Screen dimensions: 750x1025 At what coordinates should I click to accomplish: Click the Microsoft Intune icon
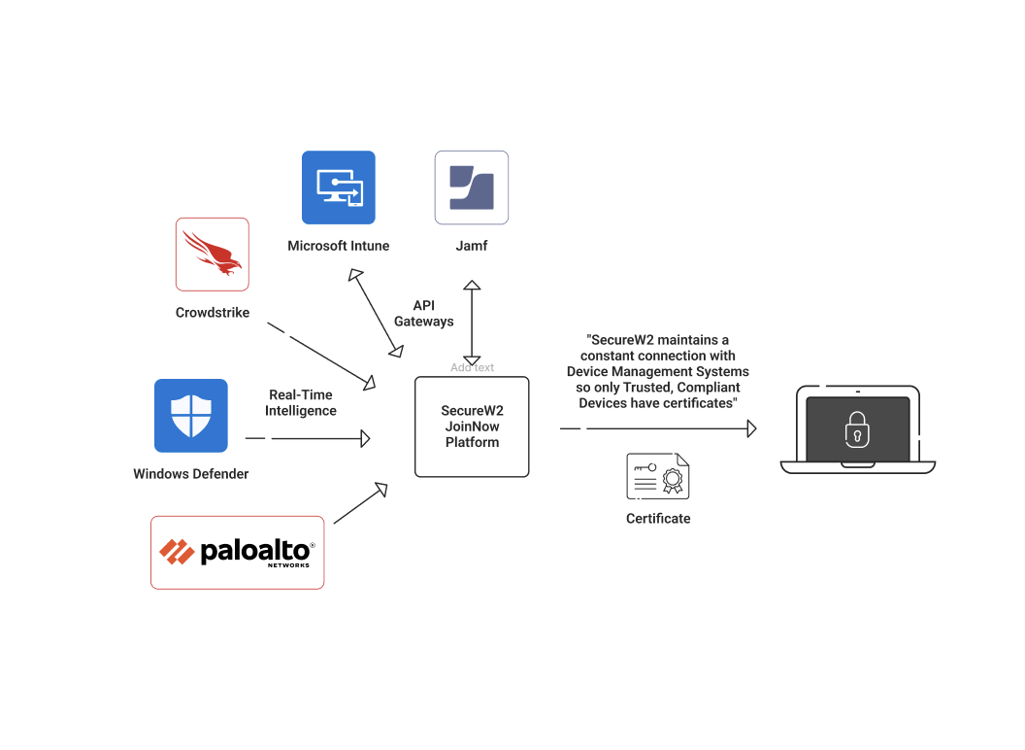point(338,187)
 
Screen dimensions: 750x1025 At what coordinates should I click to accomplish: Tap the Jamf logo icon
point(472,187)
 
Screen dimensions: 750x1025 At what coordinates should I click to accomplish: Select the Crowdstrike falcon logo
point(213,254)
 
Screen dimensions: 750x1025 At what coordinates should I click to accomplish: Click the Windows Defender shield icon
point(191,416)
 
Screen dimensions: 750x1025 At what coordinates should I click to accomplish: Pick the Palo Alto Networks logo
point(237,552)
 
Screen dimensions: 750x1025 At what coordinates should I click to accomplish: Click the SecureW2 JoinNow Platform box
point(472,426)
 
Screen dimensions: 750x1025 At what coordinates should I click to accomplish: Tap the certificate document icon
point(658,476)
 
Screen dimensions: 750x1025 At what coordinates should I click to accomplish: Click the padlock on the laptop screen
point(857,428)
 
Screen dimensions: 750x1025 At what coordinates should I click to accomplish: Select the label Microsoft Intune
point(338,246)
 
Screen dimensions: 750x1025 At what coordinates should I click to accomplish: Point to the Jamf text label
point(472,246)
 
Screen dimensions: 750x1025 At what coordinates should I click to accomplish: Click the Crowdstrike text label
point(213,313)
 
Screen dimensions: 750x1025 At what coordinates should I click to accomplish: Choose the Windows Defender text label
point(191,474)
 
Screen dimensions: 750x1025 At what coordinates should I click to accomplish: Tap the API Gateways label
point(423,313)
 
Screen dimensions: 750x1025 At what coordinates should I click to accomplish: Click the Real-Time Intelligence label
point(301,402)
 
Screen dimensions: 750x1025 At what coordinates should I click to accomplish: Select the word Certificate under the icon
point(658,519)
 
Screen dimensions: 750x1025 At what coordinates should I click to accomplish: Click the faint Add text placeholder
point(472,367)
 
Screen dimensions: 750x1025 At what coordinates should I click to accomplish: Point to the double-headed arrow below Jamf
point(472,322)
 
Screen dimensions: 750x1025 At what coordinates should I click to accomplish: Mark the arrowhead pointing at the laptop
point(750,428)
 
